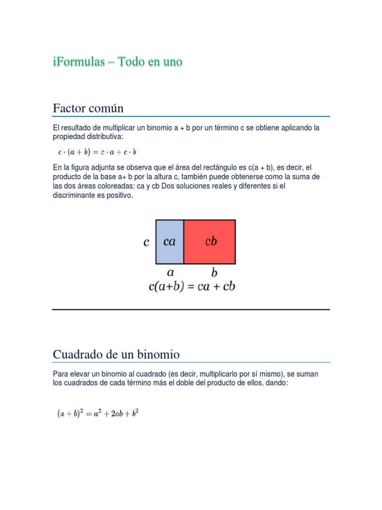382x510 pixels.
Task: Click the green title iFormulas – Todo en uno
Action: (x=117, y=62)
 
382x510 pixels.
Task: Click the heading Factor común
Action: (x=88, y=108)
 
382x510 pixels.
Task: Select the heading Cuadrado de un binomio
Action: (x=116, y=355)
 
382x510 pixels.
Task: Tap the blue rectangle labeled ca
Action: (x=170, y=242)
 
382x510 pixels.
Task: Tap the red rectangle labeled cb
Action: (x=210, y=242)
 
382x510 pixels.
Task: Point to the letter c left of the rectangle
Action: (x=146, y=243)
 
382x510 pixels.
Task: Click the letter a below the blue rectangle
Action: (x=170, y=272)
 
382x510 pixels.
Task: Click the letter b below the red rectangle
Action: (x=214, y=272)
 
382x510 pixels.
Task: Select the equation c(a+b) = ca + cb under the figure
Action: (x=192, y=286)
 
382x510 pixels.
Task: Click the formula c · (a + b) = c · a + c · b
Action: (x=97, y=151)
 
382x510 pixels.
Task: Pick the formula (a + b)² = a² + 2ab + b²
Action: (x=97, y=413)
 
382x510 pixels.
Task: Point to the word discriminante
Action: (x=73, y=196)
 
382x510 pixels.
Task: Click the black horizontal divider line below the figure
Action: (x=191, y=309)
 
